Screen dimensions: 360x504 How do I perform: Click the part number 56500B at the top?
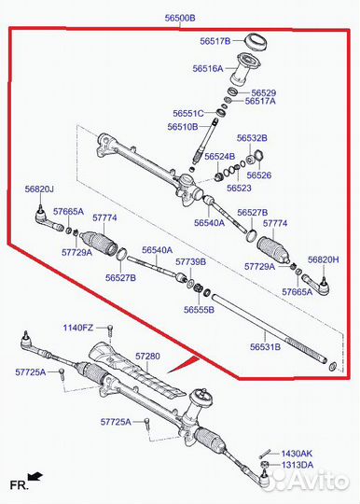pos(180,18)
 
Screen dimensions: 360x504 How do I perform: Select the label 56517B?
pos(215,41)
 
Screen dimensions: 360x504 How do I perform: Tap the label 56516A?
pos(208,68)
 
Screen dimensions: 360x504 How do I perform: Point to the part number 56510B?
pos(183,127)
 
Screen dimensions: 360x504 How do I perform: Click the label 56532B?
pos(252,138)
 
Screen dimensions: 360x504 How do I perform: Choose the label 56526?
pos(259,175)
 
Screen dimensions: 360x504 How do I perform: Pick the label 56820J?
pos(39,189)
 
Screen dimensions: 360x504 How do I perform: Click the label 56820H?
pos(323,259)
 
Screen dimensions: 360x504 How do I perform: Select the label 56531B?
pos(265,347)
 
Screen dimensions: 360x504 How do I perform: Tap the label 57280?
pos(147,357)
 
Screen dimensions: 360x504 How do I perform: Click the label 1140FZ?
pos(78,328)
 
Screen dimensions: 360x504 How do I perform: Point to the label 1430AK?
pos(297,454)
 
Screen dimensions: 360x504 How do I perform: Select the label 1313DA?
pos(298,465)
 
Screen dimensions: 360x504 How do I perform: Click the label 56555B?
pos(199,310)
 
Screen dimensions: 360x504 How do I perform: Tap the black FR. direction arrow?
pos(35,475)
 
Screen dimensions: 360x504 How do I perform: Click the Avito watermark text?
pos(309,481)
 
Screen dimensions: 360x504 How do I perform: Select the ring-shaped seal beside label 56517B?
pos(256,41)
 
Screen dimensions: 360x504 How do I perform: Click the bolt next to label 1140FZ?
pos(110,329)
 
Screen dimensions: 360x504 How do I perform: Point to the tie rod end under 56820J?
pos(48,219)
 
